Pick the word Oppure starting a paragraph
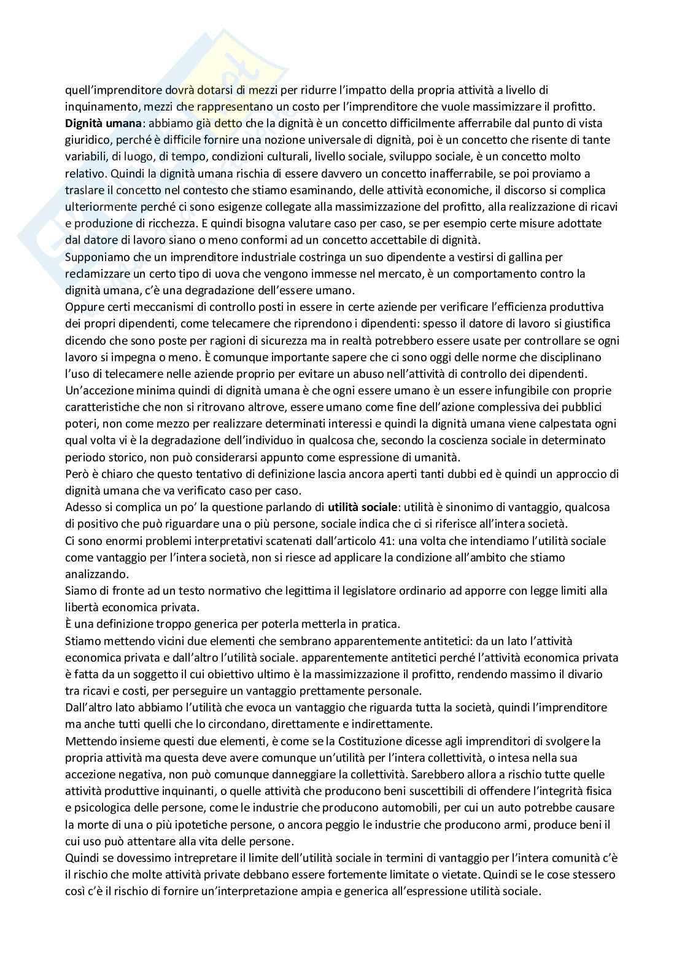pyautogui.click(x=84, y=307)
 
